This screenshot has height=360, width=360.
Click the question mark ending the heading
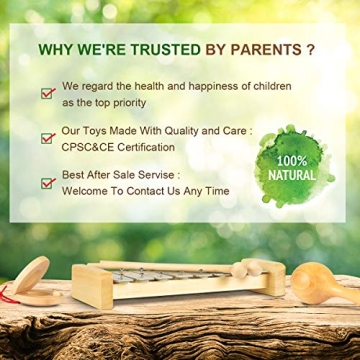point(311,48)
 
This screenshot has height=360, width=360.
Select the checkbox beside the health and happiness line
point(47,93)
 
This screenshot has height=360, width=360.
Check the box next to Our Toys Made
point(47,138)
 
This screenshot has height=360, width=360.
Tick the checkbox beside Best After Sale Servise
point(47,183)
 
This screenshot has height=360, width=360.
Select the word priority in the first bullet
point(126,102)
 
